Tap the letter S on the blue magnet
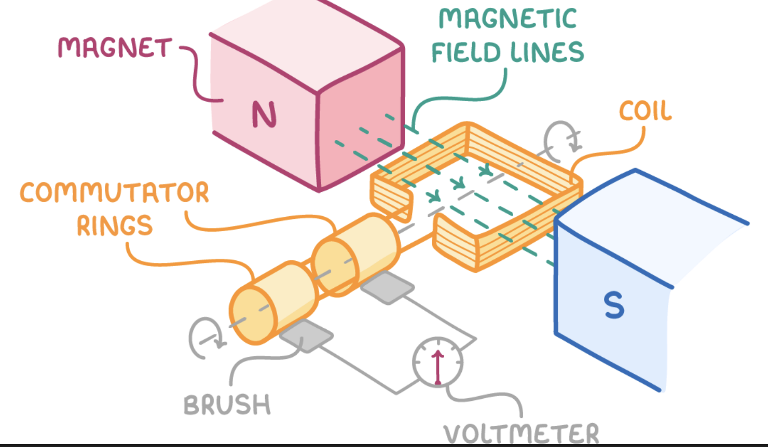[x=614, y=305]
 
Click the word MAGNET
[x=115, y=48]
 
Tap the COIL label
[x=645, y=111]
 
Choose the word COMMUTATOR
[x=115, y=192]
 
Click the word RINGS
[x=115, y=226]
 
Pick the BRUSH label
[x=227, y=405]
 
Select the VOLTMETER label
[x=521, y=434]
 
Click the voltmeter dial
[x=437, y=362]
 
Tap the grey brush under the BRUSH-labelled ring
[x=306, y=335]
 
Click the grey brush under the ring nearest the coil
[x=387, y=287]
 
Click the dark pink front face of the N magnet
[x=361, y=135]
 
